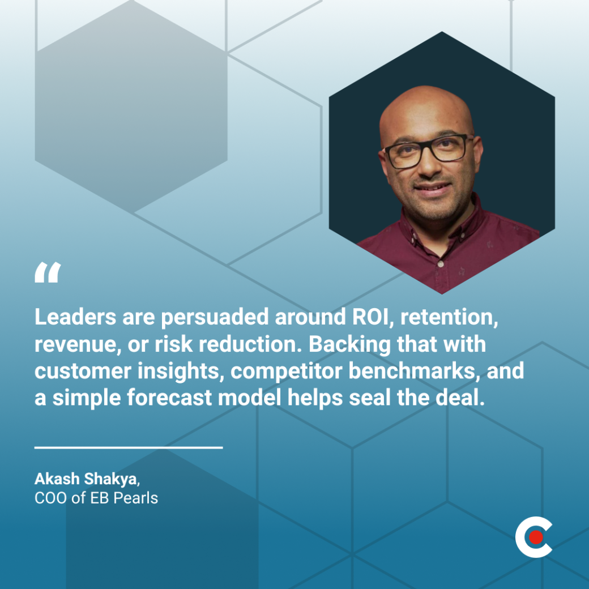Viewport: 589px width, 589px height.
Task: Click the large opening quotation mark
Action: (x=47, y=273)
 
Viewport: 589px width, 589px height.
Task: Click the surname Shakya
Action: (x=109, y=479)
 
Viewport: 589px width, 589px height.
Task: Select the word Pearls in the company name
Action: (x=136, y=499)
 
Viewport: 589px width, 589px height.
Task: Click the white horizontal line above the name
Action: (x=129, y=447)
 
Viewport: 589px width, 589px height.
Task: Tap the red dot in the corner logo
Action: (x=535, y=536)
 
